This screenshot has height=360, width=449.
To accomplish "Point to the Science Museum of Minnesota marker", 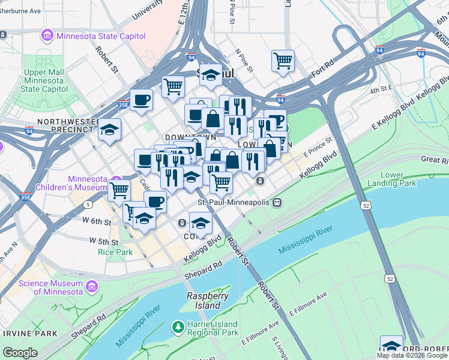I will pos(91,287).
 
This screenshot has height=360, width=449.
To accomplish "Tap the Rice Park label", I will pos(115,252).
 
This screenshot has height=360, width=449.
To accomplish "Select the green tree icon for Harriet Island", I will pos(178,327).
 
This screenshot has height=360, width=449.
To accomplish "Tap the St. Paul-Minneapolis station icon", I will pos(277,202).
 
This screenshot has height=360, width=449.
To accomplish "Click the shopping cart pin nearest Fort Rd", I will pos(283,61).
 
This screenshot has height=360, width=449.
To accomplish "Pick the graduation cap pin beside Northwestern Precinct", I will pos(109,129).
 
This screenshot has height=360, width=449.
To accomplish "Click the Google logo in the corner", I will pos(20,353).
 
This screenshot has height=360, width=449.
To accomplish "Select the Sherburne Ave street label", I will pos(20,11).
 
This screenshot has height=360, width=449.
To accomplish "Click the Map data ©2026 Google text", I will pos(412,355).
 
